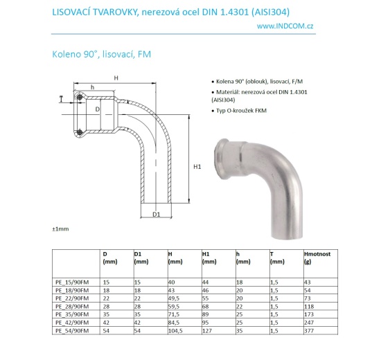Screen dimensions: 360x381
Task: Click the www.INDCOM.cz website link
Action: [285, 26]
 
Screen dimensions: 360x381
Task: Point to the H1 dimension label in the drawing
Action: [197, 167]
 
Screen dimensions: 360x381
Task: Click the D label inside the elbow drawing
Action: [98, 109]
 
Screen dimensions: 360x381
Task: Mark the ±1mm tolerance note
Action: [61, 228]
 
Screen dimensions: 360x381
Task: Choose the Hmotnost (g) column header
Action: [317, 258]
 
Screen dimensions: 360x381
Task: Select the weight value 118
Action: [309, 305]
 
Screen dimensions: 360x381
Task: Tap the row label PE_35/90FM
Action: [70, 314]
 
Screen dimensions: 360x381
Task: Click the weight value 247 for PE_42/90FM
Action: [309, 323]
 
